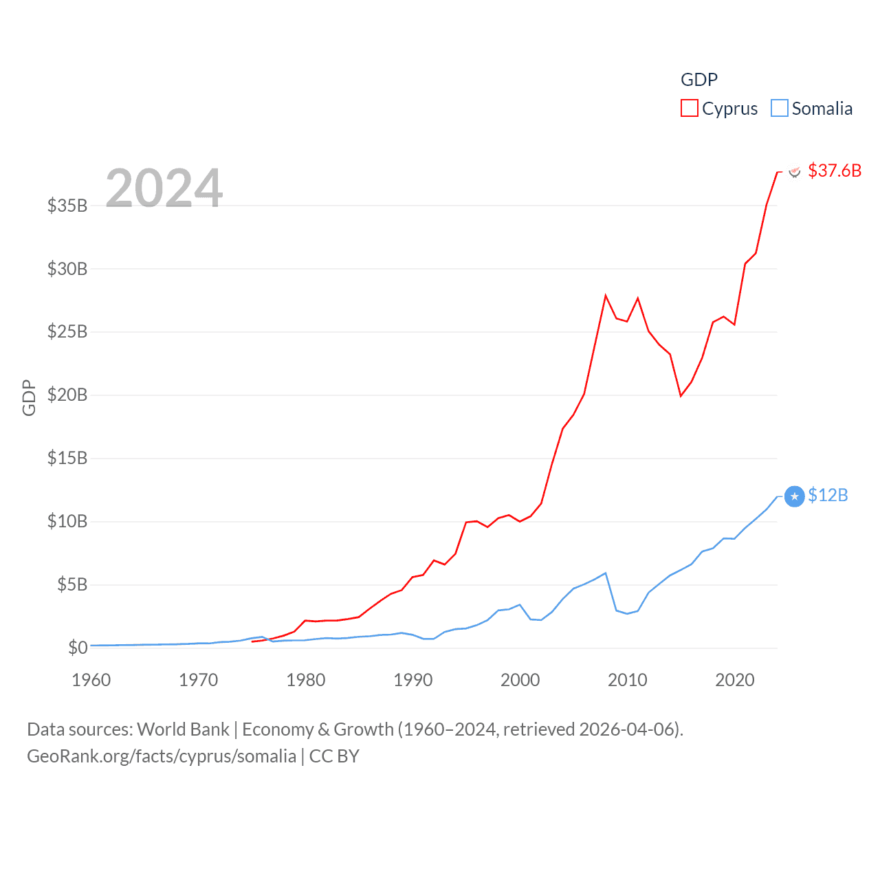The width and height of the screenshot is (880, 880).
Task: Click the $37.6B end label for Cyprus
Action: pos(835,170)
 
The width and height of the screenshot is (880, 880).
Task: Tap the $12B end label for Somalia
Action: pos(828,495)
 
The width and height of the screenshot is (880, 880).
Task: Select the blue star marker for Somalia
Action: pos(794,496)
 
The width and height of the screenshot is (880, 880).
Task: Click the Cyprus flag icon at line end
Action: pos(794,171)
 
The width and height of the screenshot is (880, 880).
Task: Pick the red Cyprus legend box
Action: pos(689,109)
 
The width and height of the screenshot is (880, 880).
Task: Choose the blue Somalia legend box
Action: pos(779,109)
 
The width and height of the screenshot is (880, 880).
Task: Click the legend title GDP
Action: pos(698,80)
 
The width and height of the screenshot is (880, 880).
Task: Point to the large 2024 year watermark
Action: pos(164,188)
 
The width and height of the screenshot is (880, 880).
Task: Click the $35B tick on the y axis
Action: pos(67,206)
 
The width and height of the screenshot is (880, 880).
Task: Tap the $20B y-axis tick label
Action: pos(67,395)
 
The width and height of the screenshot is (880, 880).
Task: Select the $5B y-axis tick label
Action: pos(72,584)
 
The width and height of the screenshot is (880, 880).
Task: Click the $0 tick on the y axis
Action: pos(78,648)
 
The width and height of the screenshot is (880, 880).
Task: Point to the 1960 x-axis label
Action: pos(91,680)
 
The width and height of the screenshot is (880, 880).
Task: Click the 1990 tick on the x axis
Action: pos(413,680)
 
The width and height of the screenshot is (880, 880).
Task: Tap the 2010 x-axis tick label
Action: pos(628,680)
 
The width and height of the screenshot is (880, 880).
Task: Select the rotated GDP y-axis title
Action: pos(29,397)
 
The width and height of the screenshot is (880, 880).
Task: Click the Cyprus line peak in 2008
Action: pos(606,296)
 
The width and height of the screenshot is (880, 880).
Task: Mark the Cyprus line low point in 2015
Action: pos(681,396)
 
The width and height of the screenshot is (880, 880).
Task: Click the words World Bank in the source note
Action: pos(183,729)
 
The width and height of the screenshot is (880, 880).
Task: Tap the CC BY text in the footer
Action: pos(334,756)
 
